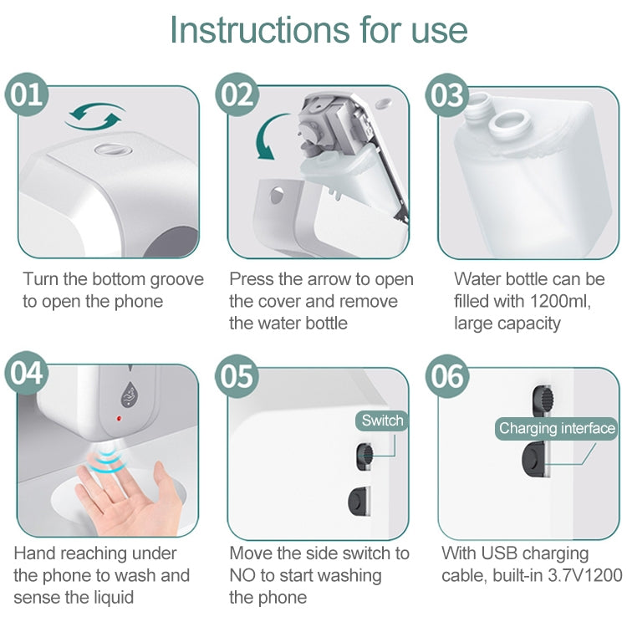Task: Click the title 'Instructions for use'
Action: click(x=319, y=30)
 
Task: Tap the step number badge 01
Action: click(x=28, y=94)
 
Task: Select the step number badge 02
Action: click(x=237, y=94)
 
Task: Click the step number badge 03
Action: click(x=447, y=94)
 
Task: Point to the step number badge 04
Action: click(x=28, y=373)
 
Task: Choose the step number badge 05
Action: click(x=237, y=375)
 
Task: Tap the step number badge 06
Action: click(x=447, y=375)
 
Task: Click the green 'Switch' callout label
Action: click(x=382, y=421)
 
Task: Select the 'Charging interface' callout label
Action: click(x=557, y=429)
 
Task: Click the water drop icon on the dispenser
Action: click(x=130, y=391)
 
